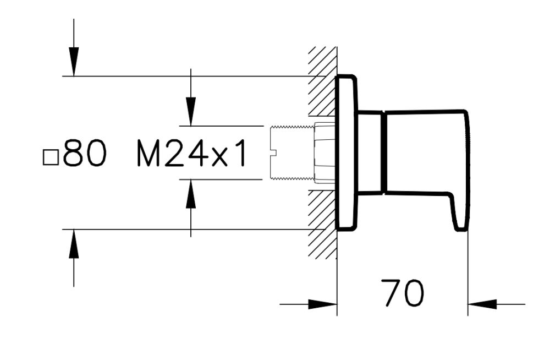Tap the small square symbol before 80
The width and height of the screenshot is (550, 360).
[x=50, y=157]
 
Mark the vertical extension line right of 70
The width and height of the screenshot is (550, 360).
[x=468, y=275]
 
